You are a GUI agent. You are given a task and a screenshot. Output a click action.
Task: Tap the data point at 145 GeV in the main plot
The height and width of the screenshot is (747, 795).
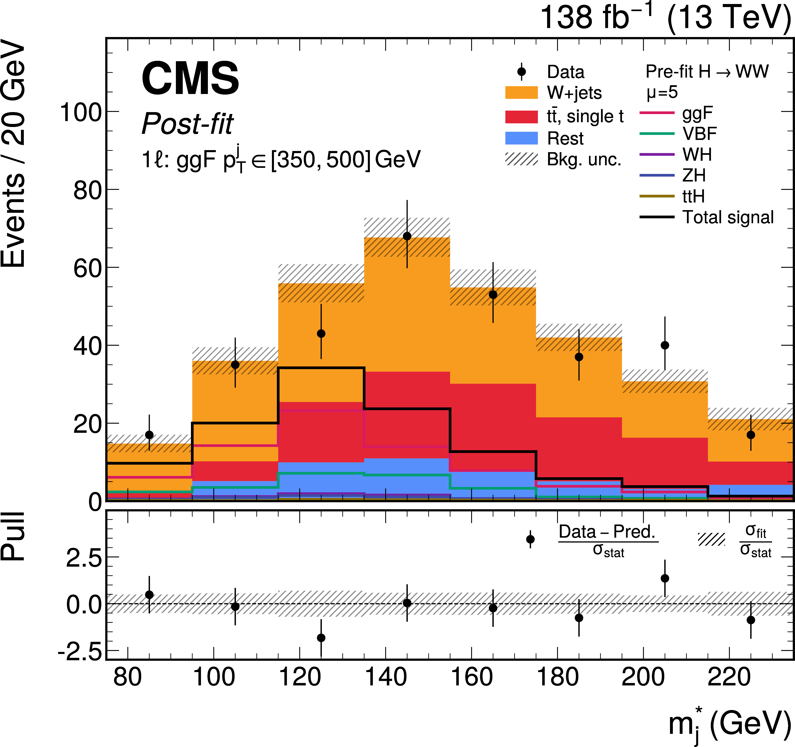407,236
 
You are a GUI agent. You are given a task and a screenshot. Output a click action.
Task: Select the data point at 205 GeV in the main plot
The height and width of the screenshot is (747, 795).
665,345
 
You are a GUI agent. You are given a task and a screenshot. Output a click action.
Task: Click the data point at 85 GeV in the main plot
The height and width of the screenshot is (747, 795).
149,435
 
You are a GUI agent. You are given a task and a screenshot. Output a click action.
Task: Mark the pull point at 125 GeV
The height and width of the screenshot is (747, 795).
321,638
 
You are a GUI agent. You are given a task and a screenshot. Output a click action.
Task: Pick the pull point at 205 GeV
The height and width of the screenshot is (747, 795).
665,578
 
